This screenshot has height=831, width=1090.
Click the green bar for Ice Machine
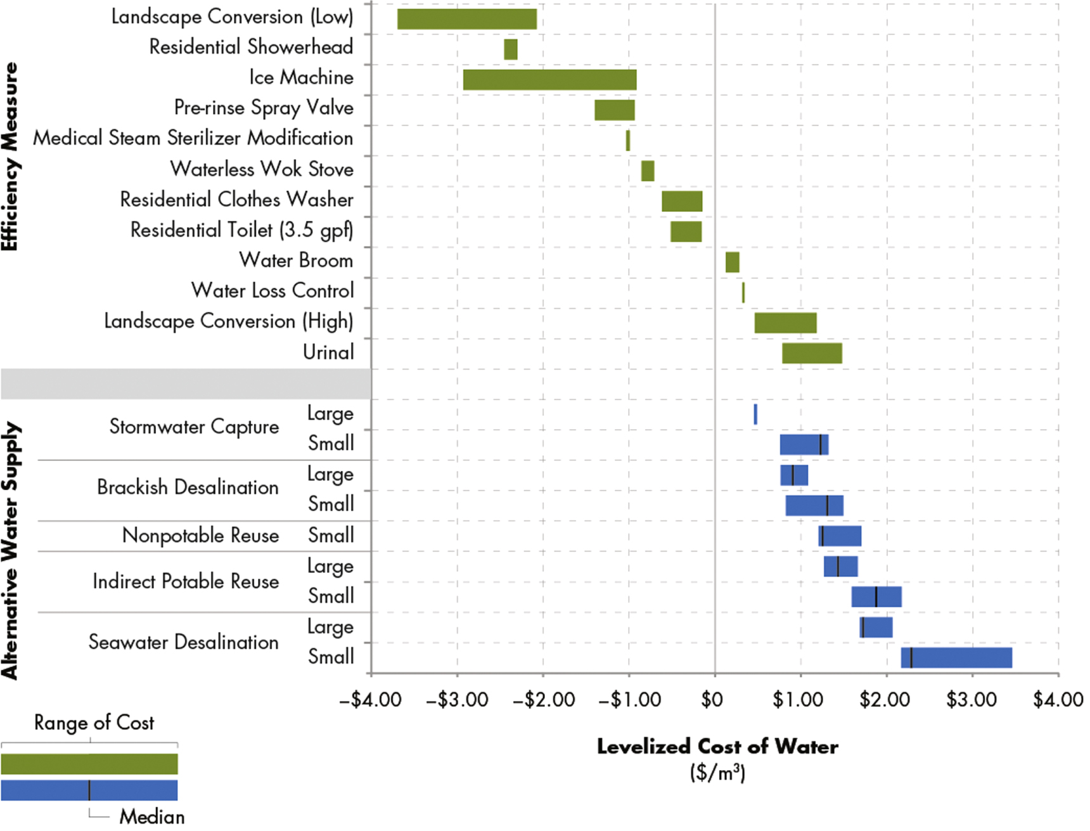tap(549, 80)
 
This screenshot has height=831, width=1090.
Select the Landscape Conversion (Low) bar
tap(466, 19)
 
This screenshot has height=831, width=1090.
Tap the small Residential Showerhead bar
tap(510, 49)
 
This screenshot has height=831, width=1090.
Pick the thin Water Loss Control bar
tap(743, 293)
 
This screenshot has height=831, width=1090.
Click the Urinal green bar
tap(811, 354)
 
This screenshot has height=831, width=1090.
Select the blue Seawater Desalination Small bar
tap(956, 658)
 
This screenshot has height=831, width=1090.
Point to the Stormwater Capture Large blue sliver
tap(755, 415)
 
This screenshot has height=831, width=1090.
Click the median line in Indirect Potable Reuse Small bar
tap(876, 597)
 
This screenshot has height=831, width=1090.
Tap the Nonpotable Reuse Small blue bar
tap(839, 536)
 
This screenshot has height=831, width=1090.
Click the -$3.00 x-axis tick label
tap(457, 700)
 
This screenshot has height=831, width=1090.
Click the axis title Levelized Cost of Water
tap(717, 747)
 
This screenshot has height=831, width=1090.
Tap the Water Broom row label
tap(295, 261)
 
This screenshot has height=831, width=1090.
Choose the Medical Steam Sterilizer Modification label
tap(193, 138)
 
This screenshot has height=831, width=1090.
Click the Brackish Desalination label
tap(188, 487)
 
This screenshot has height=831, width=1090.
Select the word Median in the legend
tap(152, 816)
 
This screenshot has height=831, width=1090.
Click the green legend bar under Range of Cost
tap(89, 764)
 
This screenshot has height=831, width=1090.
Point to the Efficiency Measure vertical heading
tap(10, 157)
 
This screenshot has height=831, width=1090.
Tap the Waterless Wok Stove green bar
tap(647, 171)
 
